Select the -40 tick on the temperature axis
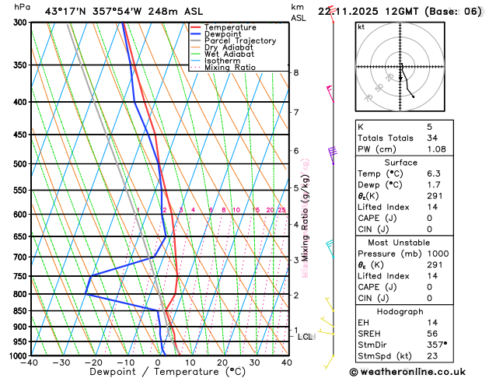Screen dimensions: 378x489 30,362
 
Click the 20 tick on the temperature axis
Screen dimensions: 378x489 222,362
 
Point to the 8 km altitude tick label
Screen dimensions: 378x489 295,72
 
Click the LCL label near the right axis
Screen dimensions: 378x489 305,337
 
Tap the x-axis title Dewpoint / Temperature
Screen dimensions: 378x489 158,372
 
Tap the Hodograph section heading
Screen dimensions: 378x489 401,311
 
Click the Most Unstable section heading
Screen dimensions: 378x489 401,243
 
